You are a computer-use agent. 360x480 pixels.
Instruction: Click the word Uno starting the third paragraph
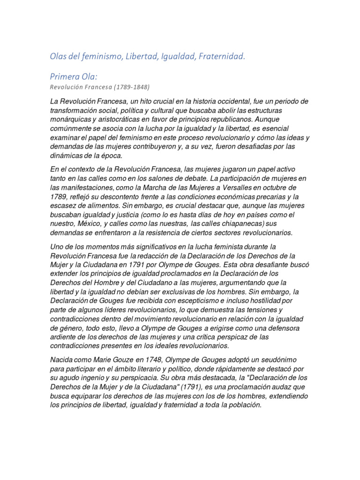click(x=56, y=246)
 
